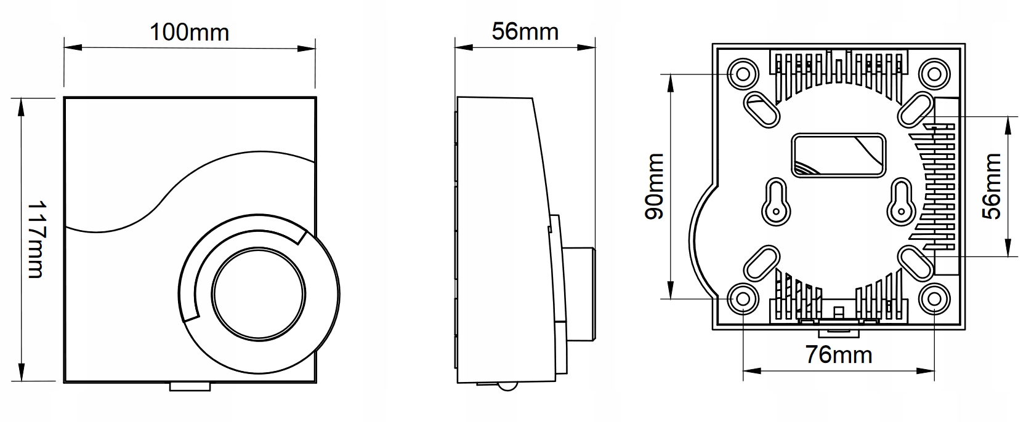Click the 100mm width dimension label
point(189,32)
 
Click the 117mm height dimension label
point(36,239)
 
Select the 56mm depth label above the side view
point(525,31)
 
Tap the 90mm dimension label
point(654,186)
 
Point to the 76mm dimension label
point(839,355)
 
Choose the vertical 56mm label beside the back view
point(992,186)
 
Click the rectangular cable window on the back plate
point(838,154)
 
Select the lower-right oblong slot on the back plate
point(915,263)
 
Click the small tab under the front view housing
point(190,386)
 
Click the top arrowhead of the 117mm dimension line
point(22,105)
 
